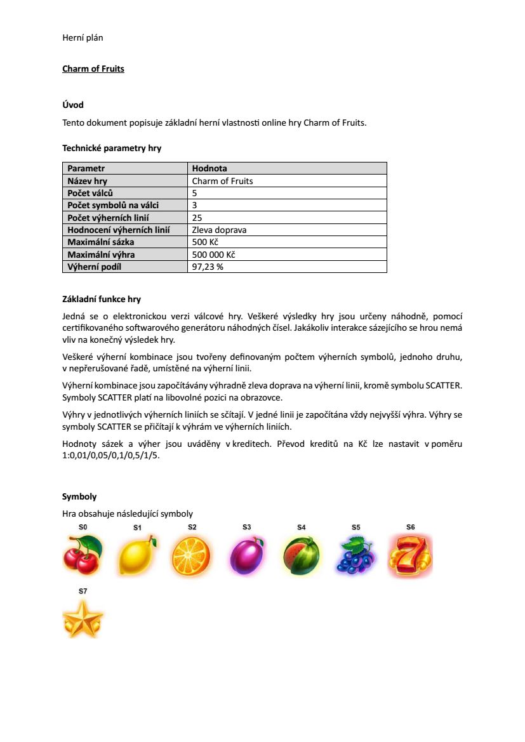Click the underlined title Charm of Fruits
click(x=93, y=69)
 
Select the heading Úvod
click(x=73, y=105)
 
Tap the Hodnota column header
click(x=209, y=168)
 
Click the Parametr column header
click(x=86, y=168)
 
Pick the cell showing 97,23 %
click(x=208, y=267)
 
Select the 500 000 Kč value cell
click(x=213, y=255)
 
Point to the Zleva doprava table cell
click(x=219, y=230)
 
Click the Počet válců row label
click(x=91, y=193)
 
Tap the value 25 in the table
click(x=197, y=218)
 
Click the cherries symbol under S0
click(x=83, y=555)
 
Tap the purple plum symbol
click(x=246, y=556)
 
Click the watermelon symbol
click(x=301, y=556)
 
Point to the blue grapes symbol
click(x=356, y=555)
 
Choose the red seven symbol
click(x=411, y=555)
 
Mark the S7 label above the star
click(x=83, y=591)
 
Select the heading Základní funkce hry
click(x=102, y=299)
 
